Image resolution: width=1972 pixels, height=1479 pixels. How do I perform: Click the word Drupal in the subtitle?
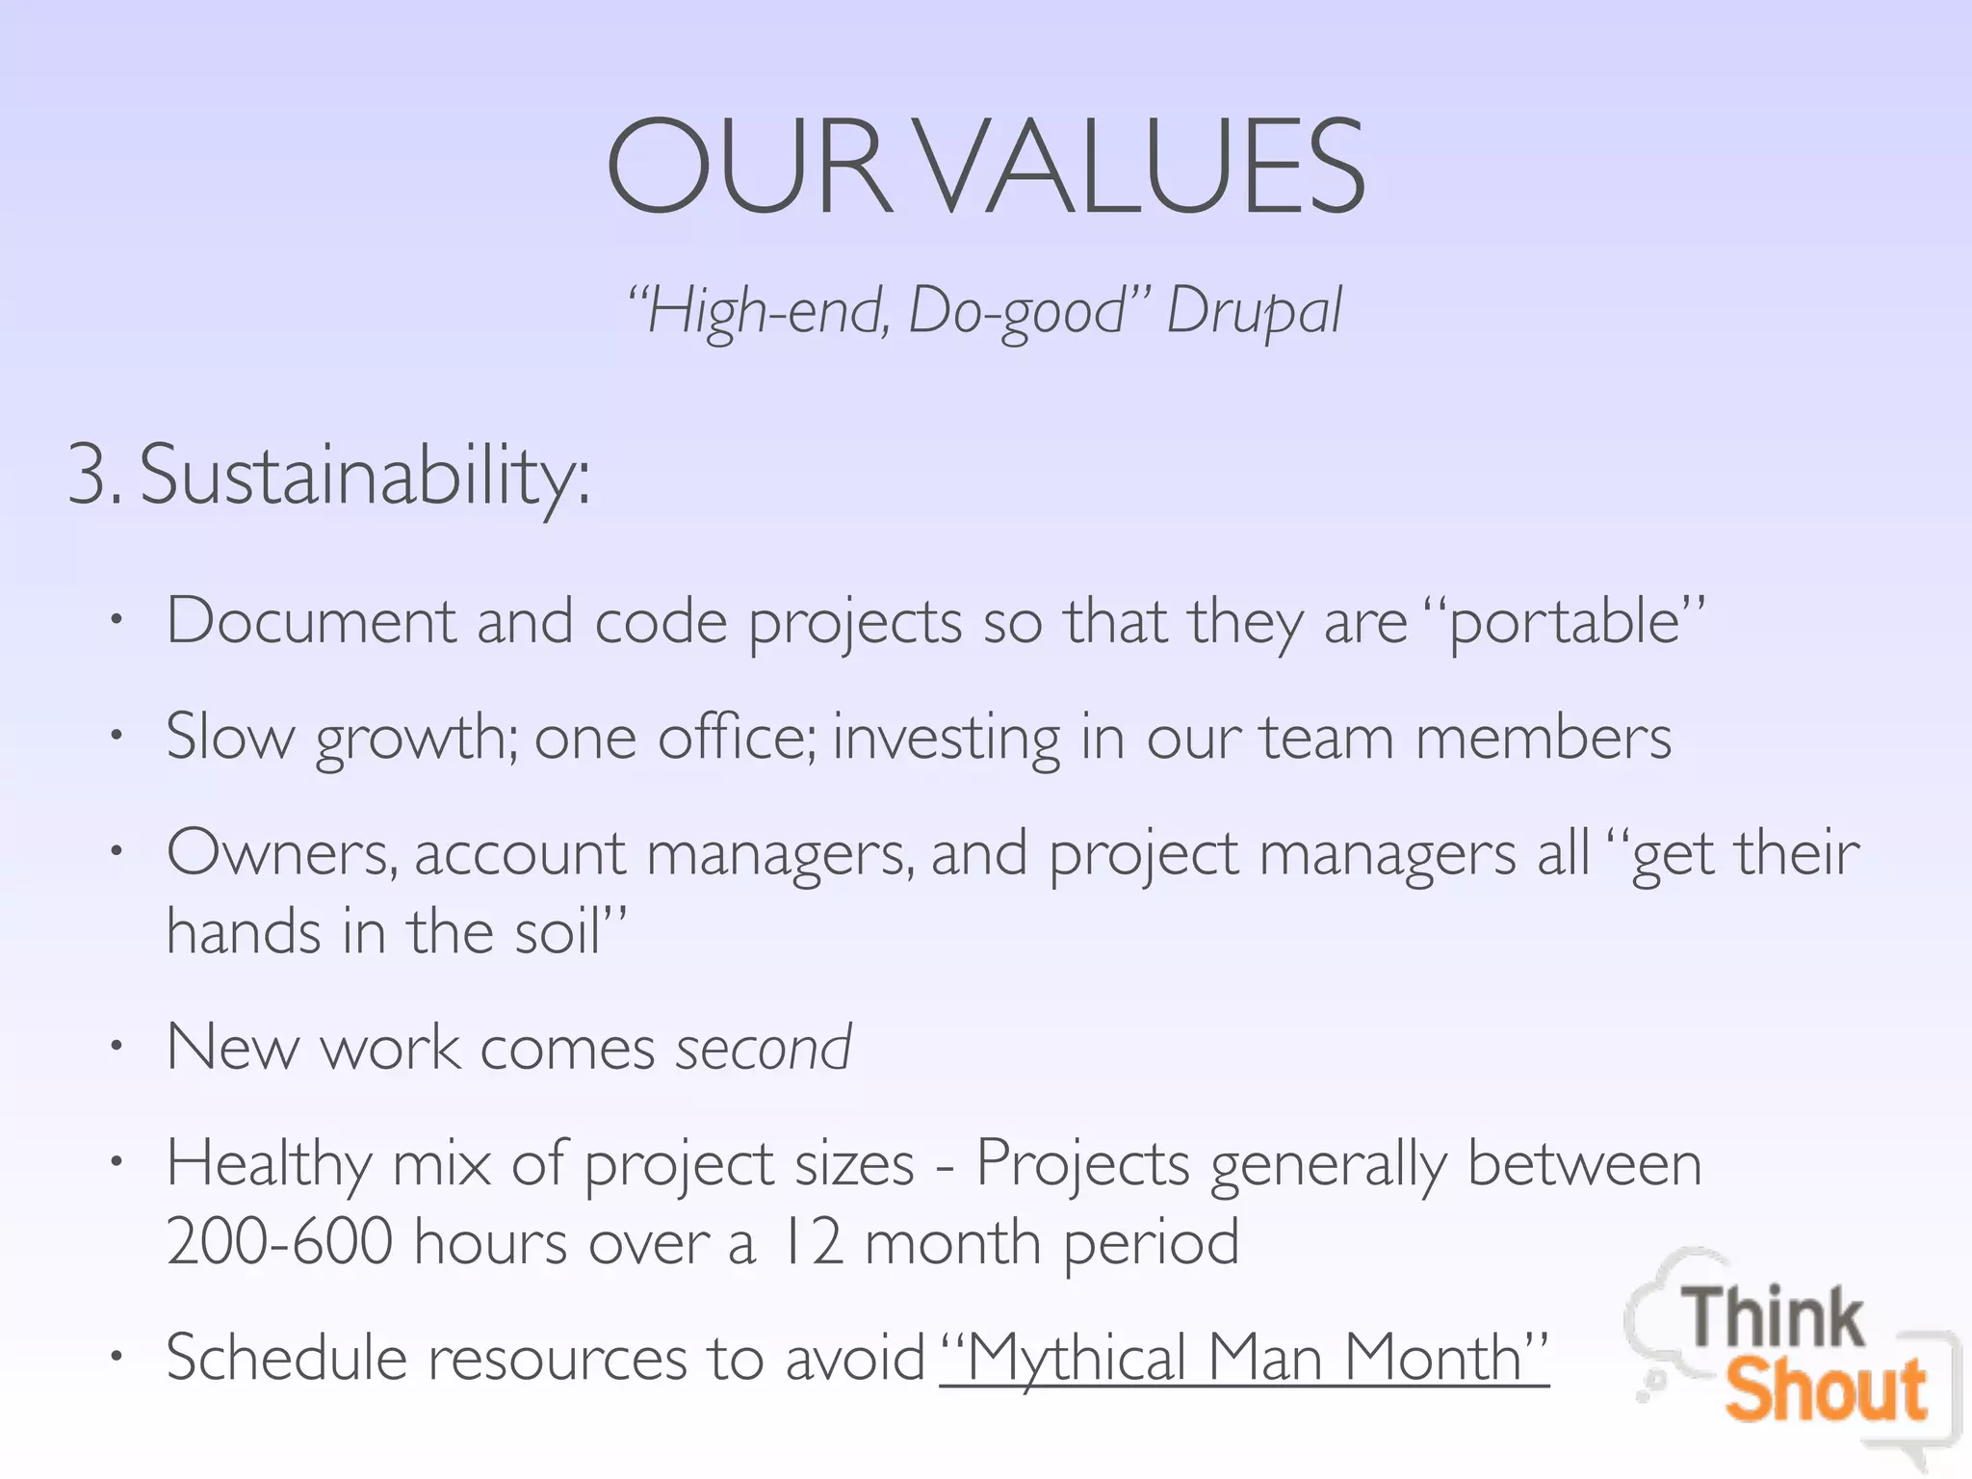[1254, 311]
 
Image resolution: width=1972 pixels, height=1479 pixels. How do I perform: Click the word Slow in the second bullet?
[230, 737]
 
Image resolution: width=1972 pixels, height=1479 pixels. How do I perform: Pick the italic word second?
[763, 1048]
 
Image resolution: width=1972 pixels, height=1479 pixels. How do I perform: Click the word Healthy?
[269, 1164]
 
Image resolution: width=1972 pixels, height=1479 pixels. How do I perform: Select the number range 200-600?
[279, 1241]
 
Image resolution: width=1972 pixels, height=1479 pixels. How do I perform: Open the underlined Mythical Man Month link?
[1244, 1358]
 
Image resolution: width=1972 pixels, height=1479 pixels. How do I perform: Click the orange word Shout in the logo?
[1826, 1391]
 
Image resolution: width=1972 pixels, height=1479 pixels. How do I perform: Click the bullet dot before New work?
[117, 1047]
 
